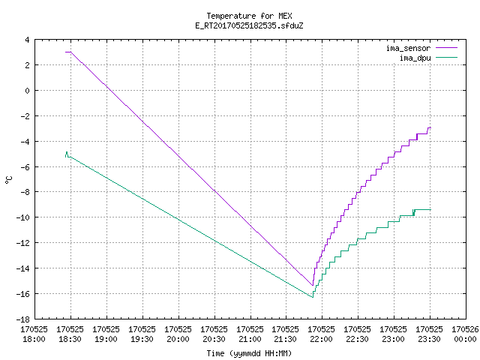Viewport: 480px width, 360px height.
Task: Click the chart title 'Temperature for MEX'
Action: (x=249, y=16)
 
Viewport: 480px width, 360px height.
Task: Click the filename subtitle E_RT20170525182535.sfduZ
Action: (x=249, y=25)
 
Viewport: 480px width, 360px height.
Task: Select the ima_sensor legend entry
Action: (x=421, y=48)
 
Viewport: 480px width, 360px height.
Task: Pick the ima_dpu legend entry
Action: (x=428, y=58)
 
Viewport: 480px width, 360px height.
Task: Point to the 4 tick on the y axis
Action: (x=28, y=40)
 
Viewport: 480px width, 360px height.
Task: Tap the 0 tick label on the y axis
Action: (x=28, y=91)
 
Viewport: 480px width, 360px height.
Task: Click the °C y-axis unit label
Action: (x=8, y=179)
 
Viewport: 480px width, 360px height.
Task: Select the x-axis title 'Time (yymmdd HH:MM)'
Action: (x=249, y=353)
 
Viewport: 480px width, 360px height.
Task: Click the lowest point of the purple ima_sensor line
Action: (x=313, y=285)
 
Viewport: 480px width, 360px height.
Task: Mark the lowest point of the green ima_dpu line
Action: (x=313, y=297)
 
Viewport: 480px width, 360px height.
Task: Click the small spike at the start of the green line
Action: (x=67, y=152)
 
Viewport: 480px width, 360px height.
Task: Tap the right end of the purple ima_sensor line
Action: (x=430, y=127)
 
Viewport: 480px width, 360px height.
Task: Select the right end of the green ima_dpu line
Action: (x=430, y=209)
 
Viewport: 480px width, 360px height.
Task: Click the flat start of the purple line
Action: (x=68, y=52)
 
